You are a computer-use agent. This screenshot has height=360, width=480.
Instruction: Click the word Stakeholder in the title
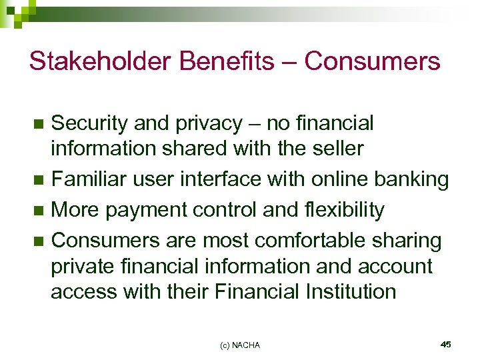tap(91, 61)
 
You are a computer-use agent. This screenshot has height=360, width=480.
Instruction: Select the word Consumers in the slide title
tap(373, 61)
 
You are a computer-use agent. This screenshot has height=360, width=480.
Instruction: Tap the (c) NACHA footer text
tap(239, 345)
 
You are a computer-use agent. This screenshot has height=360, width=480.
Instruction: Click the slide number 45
tap(446, 344)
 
